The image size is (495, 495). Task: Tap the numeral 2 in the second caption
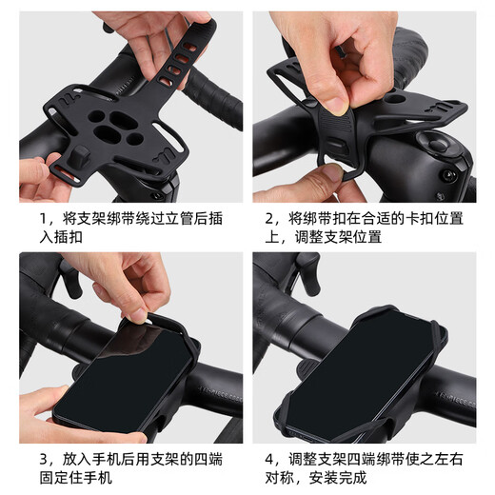pyautogui.click(x=270, y=219)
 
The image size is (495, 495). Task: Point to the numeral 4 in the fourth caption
pyautogui.click(x=270, y=461)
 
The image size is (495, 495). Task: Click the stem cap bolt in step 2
pyautogui.click(x=434, y=143)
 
